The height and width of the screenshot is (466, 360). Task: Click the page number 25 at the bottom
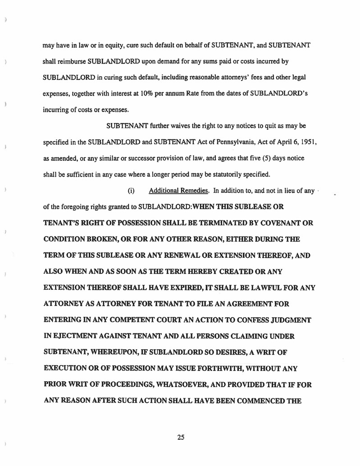click(x=181, y=437)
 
